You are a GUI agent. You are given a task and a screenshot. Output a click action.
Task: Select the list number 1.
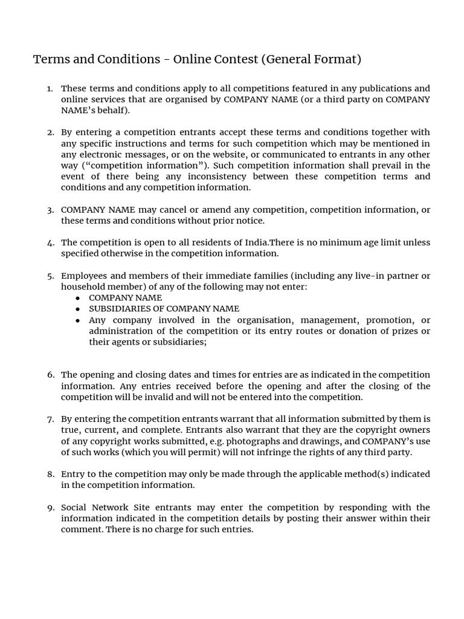[50, 89]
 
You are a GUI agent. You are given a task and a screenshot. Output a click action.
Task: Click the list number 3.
[50, 210]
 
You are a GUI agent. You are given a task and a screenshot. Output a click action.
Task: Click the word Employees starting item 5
[84, 276]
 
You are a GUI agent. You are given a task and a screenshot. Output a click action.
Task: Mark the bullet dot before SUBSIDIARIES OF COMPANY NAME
[77, 309]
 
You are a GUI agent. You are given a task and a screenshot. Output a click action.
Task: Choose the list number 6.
[50, 375]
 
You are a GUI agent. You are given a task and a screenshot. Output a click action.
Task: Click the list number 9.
[50, 507]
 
